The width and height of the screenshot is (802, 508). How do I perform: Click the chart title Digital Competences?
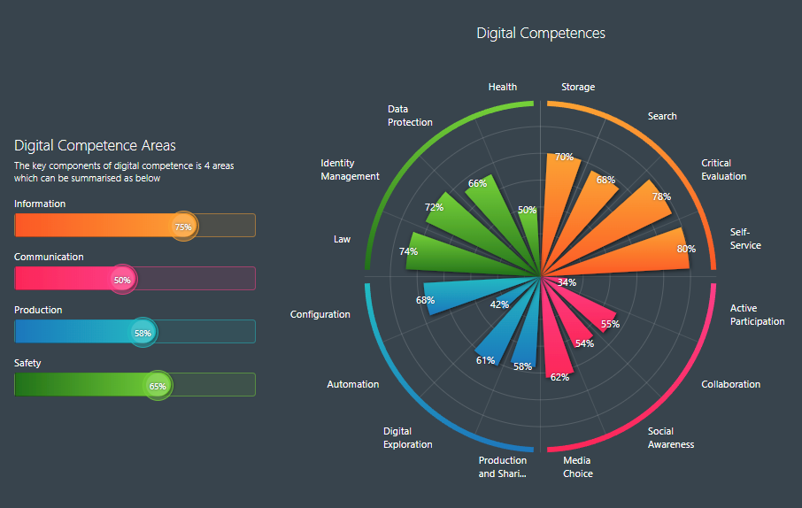pos(541,33)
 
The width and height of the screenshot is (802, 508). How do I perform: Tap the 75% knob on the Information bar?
pos(183,226)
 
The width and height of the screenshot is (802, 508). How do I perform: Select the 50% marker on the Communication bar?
pos(122,280)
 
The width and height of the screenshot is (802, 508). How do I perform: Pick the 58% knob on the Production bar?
pos(143,333)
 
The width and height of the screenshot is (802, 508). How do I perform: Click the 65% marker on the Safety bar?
pos(158,386)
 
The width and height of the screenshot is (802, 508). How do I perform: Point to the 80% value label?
pos(685,249)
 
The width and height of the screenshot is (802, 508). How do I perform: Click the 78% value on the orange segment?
pos(661,196)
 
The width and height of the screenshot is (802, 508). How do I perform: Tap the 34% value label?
pos(567,282)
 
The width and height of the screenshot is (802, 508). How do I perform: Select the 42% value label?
pos(499,304)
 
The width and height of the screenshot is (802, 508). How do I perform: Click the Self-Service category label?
pos(745,238)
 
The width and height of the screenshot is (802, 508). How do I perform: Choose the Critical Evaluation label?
pos(723,169)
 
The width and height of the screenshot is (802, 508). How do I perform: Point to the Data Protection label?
pos(410,115)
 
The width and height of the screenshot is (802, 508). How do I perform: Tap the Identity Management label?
pos(350,169)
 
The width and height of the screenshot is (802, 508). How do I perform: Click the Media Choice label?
pos(577,466)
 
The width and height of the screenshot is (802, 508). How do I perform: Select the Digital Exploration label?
pos(407,437)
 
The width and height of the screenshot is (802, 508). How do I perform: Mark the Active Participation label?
pos(757,314)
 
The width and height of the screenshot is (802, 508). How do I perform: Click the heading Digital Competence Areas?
pos(95,145)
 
